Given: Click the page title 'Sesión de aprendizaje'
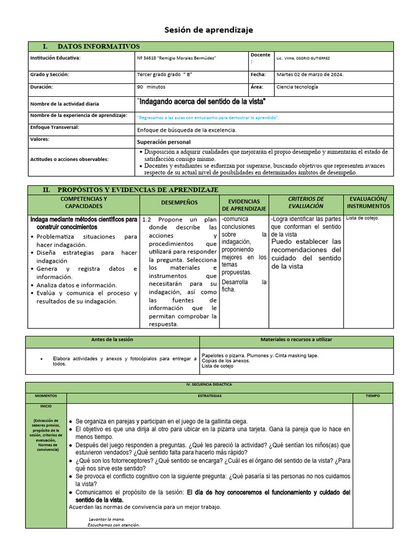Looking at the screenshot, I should point(209,30).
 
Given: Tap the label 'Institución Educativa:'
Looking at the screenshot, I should point(55,58).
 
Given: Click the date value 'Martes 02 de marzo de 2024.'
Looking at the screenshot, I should point(310,75).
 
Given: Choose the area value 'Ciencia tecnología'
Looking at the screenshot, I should point(297,87).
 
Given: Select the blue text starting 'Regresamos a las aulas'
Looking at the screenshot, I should point(208,117).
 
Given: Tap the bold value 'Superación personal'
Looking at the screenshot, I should point(164,142).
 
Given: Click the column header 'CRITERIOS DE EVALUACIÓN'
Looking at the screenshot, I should point(306,203).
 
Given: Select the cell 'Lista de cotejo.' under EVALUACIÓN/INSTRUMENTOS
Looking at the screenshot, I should point(362,218).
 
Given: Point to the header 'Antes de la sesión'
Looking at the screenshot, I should point(112,340).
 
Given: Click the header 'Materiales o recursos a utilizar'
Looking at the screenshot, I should point(296,340).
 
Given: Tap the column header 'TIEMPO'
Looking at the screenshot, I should point(372,396).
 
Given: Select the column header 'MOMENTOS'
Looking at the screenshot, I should point(46,396).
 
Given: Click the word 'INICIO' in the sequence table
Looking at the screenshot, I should point(46,406).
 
